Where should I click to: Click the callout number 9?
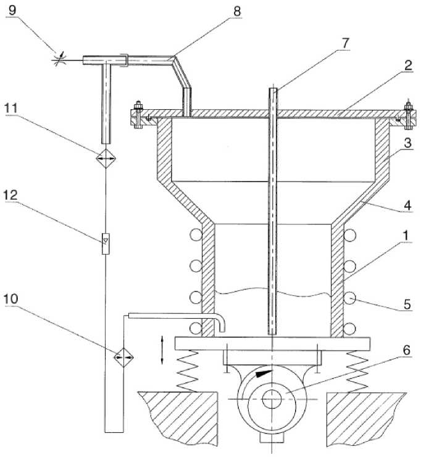coord(12,10)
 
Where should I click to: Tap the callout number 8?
coord(237,11)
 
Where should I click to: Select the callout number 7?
coord(345,43)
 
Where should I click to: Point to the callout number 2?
coord(408,65)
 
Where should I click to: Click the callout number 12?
coord(11,195)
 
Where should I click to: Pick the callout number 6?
coord(406,350)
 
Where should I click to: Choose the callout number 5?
coord(407,304)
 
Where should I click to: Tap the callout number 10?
coord(11,298)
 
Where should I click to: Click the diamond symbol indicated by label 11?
coord(106,159)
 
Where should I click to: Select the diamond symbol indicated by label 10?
coord(123,356)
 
